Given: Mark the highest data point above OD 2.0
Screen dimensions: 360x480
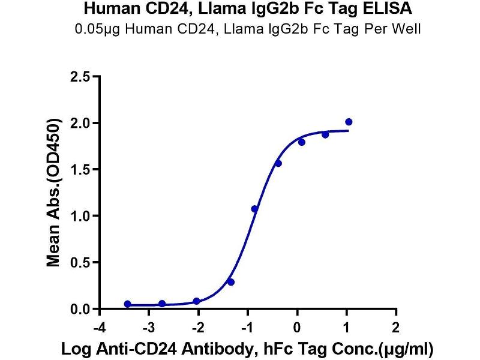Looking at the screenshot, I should coord(349,122).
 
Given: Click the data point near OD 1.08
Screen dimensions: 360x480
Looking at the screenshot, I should coord(254,209).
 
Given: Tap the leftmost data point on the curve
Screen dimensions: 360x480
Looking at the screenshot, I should coord(127,304).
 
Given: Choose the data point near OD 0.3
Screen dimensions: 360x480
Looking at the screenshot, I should coord(231,281).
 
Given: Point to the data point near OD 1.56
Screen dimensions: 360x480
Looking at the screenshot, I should coord(278,163).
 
